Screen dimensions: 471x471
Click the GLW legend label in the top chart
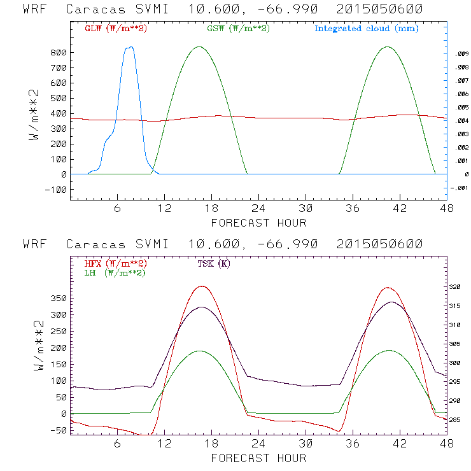tap(116, 29)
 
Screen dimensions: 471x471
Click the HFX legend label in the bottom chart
tap(116, 264)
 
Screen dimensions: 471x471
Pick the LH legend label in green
tap(115, 272)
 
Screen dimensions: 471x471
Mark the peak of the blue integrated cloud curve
tap(130, 47)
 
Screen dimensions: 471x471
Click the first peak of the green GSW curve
tap(199, 46)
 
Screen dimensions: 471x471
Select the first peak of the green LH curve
tap(199, 351)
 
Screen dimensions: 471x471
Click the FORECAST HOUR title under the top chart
tap(258, 223)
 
